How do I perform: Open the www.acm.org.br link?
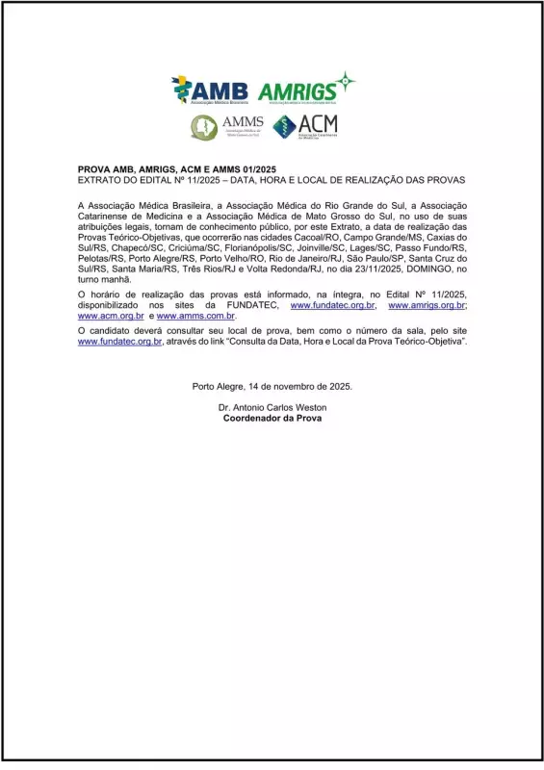coord(111,316)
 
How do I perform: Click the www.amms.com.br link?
coord(195,316)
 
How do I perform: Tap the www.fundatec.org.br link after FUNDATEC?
coord(332,304)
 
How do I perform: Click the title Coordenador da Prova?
coord(272,420)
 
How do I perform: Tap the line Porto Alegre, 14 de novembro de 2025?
coord(272,386)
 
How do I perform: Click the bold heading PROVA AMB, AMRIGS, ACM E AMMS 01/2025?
coord(176,168)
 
